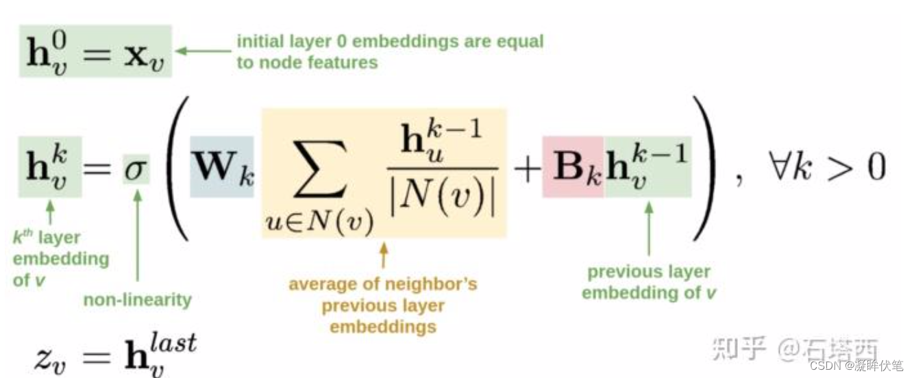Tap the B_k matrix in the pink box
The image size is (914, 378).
click(x=573, y=167)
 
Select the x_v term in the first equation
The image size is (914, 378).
click(x=147, y=52)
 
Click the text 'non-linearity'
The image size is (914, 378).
click(x=137, y=299)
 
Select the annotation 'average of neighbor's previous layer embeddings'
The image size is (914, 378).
click(x=382, y=305)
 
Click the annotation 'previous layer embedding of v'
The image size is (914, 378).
click(x=649, y=282)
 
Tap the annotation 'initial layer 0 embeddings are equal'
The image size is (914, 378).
click(x=390, y=41)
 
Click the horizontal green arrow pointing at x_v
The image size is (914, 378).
click(x=203, y=50)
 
